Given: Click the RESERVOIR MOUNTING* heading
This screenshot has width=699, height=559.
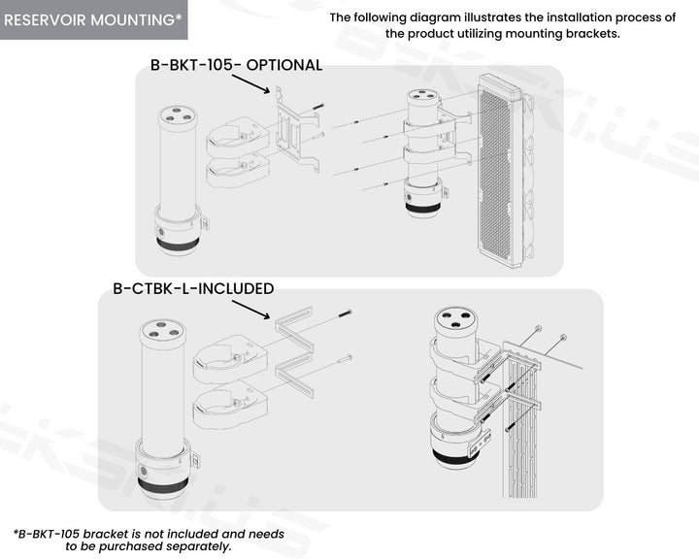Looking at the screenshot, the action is [93, 20].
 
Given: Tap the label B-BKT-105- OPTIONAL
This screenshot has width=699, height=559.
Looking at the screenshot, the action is [236, 65].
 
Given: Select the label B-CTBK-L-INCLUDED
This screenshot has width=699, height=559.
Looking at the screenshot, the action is [193, 288].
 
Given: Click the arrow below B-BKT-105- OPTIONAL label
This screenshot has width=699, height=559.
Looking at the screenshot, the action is [251, 83].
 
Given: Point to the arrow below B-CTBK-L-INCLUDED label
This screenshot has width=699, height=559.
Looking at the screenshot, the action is [251, 310].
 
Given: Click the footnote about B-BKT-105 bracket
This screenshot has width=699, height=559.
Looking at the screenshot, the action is [149, 540].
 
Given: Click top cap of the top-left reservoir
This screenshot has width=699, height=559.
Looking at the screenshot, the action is [178, 115].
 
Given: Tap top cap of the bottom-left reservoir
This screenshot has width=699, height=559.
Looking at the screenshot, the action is [162, 330].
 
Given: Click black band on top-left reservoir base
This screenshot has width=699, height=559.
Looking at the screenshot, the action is [178, 243].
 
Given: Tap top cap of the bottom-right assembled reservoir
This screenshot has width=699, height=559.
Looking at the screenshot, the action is [455, 319].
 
